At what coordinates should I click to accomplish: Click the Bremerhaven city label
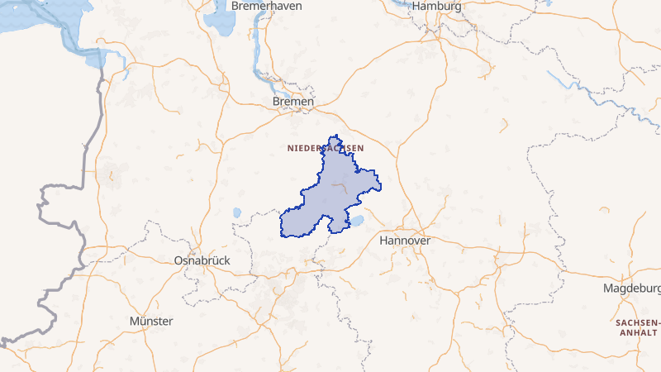point(267,6)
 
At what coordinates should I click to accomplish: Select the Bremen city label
point(293,102)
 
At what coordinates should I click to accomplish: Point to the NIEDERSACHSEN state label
point(326,148)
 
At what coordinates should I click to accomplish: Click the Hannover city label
point(405,241)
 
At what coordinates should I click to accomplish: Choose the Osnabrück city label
point(202,260)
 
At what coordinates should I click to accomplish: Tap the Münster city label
point(151,321)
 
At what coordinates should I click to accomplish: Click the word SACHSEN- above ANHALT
point(638,322)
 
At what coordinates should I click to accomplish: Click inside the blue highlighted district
point(335,194)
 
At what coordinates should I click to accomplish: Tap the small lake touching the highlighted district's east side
point(358,222)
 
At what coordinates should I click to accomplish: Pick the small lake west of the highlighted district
point(237,212)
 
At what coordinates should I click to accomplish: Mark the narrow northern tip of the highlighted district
point(335,139)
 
